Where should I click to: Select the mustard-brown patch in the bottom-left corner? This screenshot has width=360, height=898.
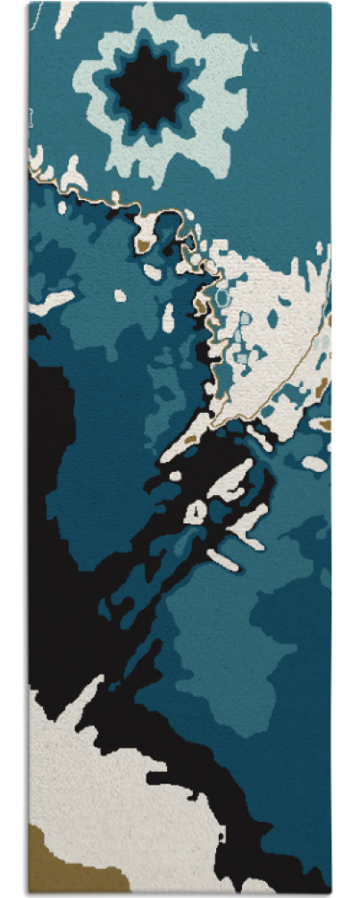(55, 862)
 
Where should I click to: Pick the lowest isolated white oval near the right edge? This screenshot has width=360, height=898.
(314, 463)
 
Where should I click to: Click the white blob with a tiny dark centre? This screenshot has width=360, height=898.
(196, 512)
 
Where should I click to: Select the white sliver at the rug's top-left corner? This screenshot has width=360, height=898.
(64, 16)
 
